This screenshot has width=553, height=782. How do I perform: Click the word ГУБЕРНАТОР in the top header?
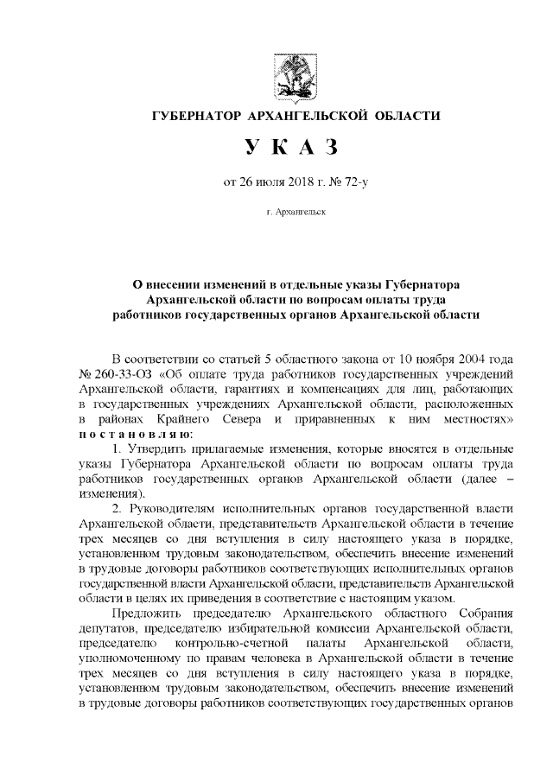(x=195, y=117)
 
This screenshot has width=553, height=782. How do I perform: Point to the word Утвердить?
(x=160, y=448)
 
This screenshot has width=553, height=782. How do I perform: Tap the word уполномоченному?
(x=130, y=657)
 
